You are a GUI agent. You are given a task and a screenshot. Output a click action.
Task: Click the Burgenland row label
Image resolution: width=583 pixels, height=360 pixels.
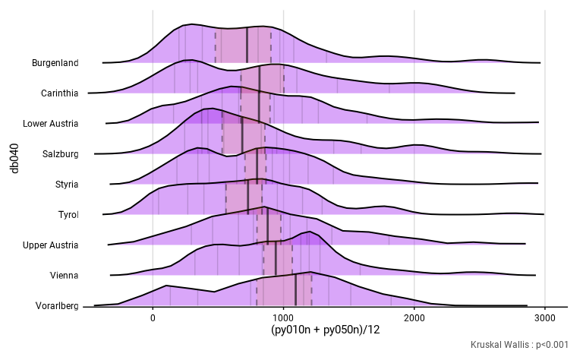(55, 63)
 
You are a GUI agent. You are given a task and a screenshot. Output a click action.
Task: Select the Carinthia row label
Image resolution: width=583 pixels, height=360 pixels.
(60, 93)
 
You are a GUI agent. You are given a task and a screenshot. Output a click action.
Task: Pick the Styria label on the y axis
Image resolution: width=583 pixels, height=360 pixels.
(65, 185)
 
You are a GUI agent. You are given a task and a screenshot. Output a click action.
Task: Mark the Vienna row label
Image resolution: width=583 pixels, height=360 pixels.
(63, 276)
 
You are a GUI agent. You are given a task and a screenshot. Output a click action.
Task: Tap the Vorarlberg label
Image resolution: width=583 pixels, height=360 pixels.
(57, 306)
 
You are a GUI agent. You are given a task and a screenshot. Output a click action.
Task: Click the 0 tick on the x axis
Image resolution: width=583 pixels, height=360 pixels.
(153, 318)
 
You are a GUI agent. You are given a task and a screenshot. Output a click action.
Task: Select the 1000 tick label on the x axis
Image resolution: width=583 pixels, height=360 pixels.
(284, 318)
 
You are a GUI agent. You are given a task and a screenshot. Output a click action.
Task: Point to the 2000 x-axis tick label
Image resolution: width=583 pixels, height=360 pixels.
(414, 318)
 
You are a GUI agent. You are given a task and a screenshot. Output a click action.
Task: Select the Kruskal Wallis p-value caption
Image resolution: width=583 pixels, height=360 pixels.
(519, 345)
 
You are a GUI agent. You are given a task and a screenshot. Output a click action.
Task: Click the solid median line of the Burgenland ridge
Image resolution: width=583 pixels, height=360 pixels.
(247, 46)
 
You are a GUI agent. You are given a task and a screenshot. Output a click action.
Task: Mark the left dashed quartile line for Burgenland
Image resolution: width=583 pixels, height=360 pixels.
(216, 47)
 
